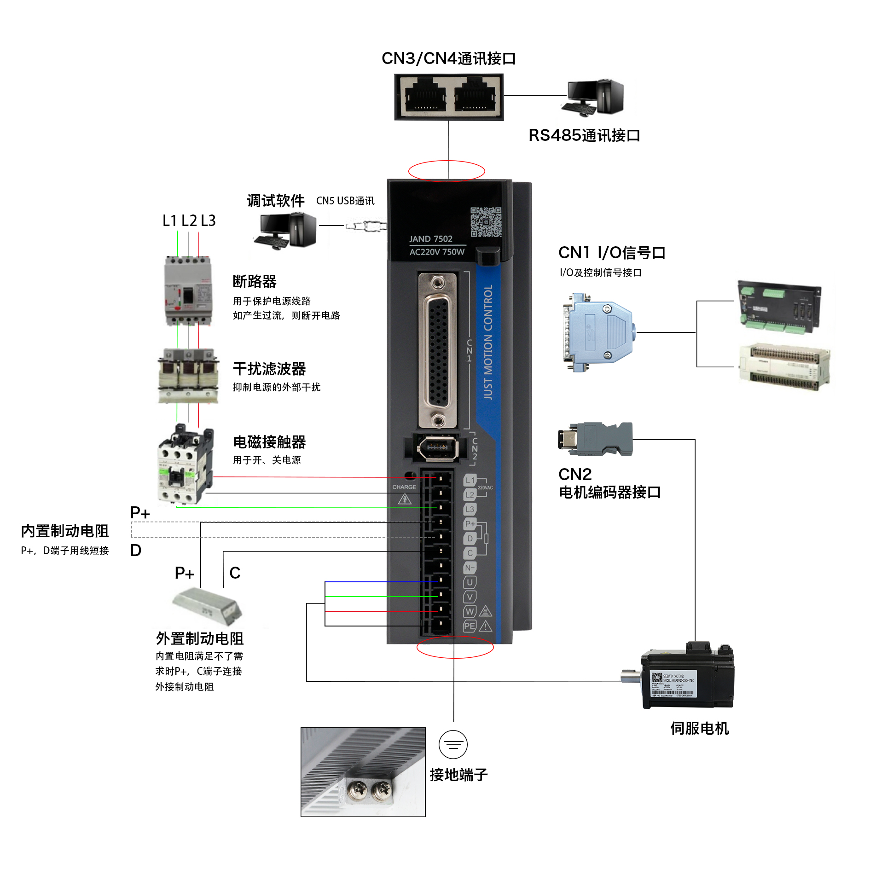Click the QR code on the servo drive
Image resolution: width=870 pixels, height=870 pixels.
pyautogui.click(x=486, y=222)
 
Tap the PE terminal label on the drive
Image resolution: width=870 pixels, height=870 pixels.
pyautogui.click(x=470, y=626)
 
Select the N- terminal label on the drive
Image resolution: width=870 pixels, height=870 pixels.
pyautogui.click(x=470, y=568)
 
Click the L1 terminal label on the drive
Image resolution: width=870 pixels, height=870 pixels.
pyautogui.click(x=470, y=480)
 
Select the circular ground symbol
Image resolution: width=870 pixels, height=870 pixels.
pyautogui.click(x=453, y=744)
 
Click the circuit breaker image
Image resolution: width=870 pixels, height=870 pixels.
pyautogui.click(x=188, y=291)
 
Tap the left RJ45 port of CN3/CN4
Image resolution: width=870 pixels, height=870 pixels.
pyautogui.click(x=425, y=97)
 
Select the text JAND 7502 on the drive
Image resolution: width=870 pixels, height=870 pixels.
pyautogui.click(x=431, y=239)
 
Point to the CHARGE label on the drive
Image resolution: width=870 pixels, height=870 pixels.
pyautogui.click(x=404, y=487)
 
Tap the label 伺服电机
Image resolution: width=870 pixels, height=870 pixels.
pyautogui.click(x=699, y=728)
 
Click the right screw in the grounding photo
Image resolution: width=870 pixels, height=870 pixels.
pyautogui.click(x=382, y=791)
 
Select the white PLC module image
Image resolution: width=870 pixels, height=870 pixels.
pyautogui.click(x=784, y=367)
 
